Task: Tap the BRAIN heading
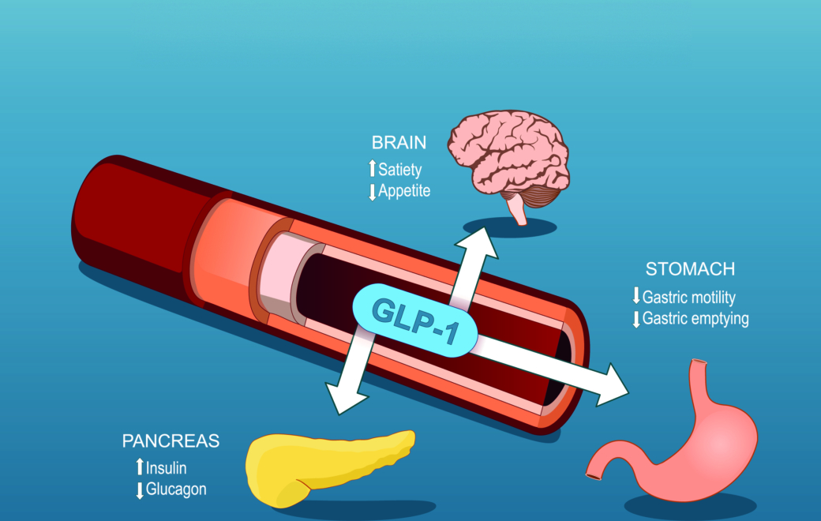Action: click(399, 143)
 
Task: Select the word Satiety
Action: click(400, 169)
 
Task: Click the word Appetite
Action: click(404, 190)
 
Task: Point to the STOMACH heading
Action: click(690, 269)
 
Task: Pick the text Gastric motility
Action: click(689, 298)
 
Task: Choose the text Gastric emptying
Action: click(695, 319)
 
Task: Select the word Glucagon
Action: click(176, 489)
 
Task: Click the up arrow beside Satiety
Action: click(373, 169)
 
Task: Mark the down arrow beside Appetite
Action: click(373, 191)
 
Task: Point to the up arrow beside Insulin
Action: click(140, 467)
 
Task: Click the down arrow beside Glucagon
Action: click(140, 490)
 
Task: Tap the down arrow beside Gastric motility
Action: click(636, 298)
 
